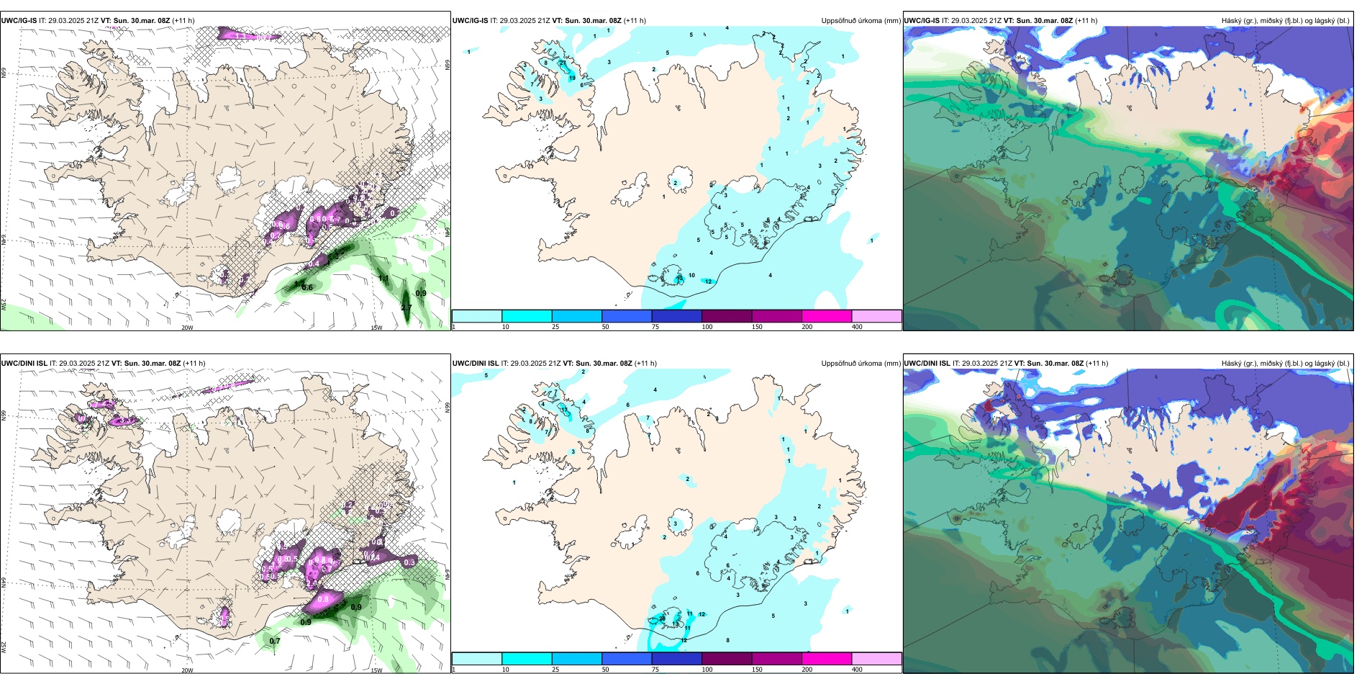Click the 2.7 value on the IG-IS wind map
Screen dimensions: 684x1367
click(407, 308)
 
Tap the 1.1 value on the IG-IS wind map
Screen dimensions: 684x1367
click(383, 278)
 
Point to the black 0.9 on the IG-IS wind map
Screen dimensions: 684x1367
click(421, 293)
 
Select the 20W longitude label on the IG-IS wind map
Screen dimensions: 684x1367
click(187, 328)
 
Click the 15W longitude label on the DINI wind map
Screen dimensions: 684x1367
click(376, 670)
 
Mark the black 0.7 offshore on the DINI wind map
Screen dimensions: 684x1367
click(275, 641)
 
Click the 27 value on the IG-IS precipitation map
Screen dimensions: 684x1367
click(563, 63)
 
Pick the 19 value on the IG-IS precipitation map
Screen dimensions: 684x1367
click(573, 78)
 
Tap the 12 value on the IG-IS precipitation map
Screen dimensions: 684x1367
click(709, 282)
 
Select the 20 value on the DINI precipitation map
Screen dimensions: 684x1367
click(662, 618)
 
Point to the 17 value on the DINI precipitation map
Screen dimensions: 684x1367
click(564, 410)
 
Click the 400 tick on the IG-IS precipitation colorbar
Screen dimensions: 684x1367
click(857, 327)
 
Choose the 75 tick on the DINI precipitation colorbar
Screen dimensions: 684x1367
click(655, 670)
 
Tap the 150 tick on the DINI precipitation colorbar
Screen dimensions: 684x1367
click(757, 670)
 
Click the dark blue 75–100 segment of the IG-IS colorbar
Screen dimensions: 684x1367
click(676, 316)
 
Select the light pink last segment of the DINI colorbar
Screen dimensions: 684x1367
click(876, 659)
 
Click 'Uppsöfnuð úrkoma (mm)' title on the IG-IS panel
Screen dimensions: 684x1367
click(860, 21)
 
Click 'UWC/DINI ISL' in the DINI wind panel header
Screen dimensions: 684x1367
click(24, 364)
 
